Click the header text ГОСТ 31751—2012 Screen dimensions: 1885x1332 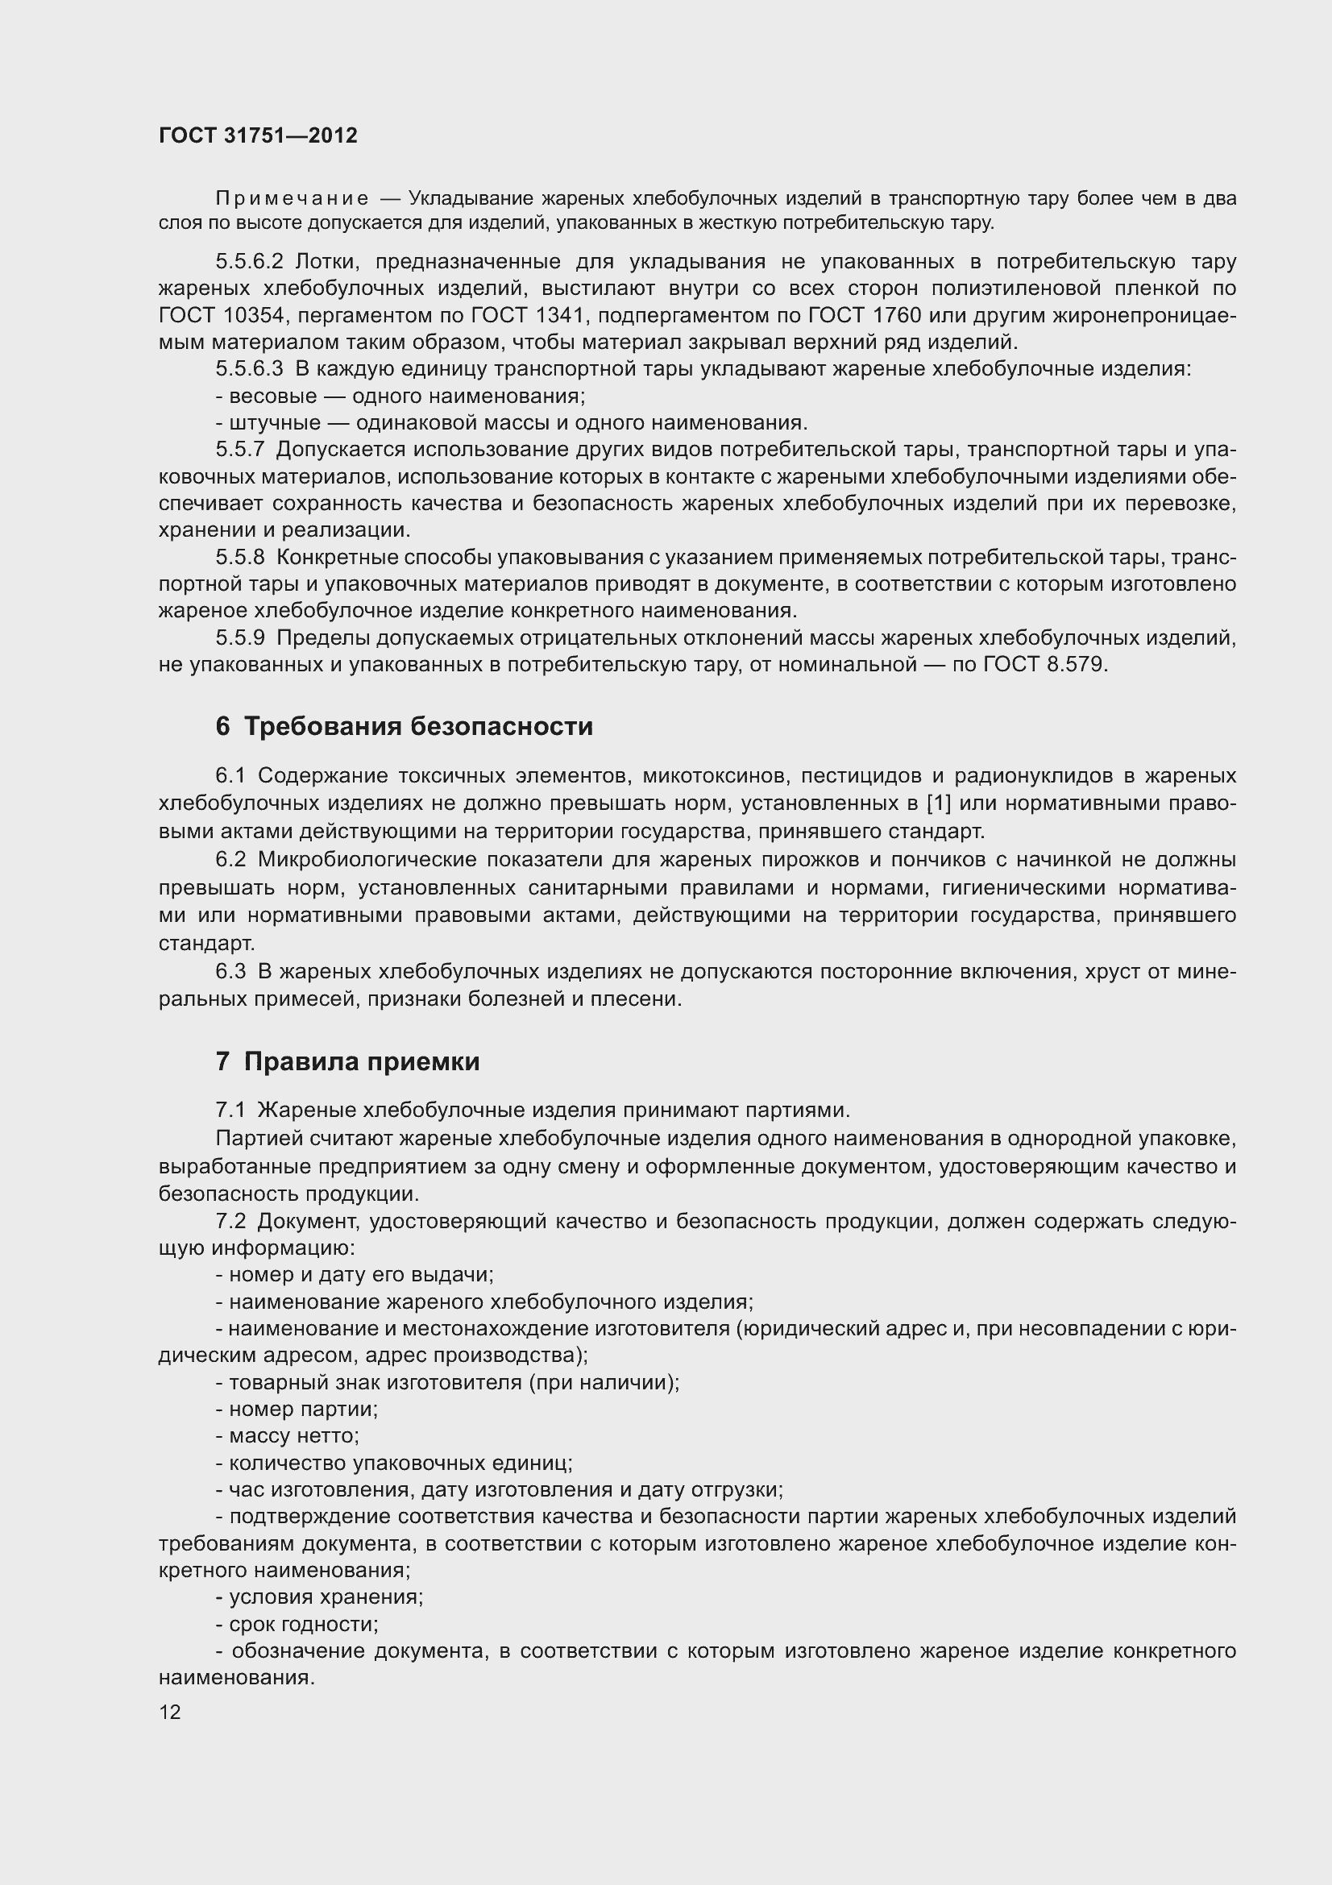click(258, 135)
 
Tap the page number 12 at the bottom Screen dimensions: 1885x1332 click(170, 1712)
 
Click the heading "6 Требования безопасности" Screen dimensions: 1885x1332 click(404, 727)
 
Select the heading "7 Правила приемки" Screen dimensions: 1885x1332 click(347, 1061)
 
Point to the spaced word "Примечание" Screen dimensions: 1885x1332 click(293, 199)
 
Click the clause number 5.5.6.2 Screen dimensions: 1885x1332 click(250, 262)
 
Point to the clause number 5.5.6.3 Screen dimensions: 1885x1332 click(250, 368)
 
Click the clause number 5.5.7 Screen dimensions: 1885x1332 click(240, 449)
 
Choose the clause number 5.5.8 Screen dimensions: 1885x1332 click(240, 557)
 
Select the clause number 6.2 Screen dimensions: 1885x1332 click(230, 860)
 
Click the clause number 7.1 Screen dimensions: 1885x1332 click(230, 1110)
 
